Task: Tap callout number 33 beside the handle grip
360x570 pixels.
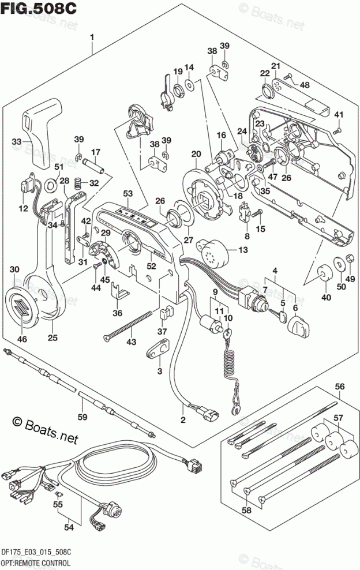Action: [x=18, y=141]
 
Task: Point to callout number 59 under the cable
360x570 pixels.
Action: [x=82, y=416]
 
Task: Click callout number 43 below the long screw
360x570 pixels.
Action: [x=132, y=343]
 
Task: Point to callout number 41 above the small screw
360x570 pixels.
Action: [x=339, y=113]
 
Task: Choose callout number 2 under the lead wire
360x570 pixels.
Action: [x=183, y=419]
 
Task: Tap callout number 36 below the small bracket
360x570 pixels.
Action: [x=118, y=313]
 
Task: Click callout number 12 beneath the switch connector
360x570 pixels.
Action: [x=22, y=208]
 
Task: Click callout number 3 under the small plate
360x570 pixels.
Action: [x=160, y=370]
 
